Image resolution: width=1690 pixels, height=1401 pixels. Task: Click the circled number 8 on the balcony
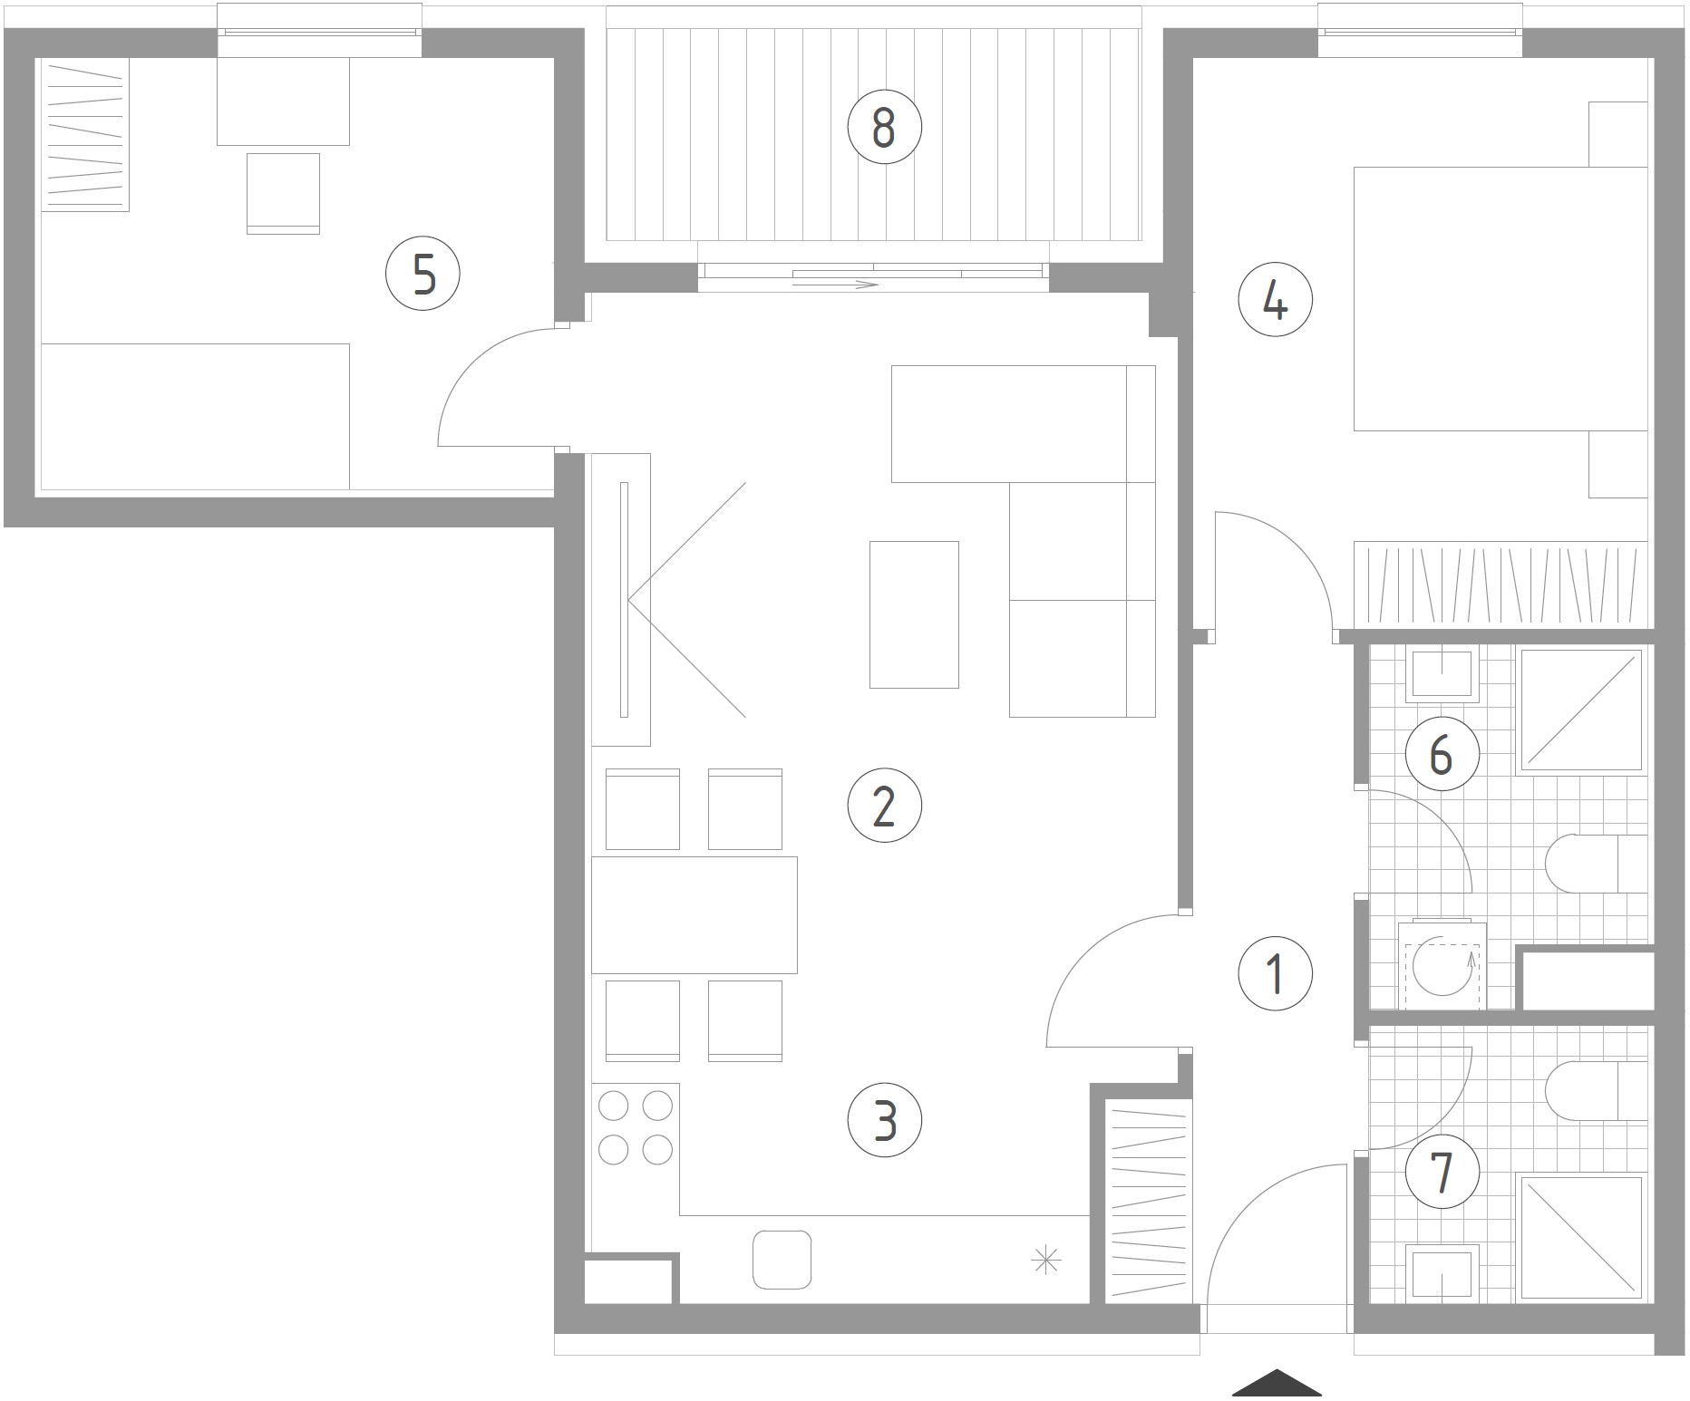point(884,128)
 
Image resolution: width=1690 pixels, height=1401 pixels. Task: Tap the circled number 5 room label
point(423,274)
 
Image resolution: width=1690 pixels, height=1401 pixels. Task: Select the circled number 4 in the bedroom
point(1276,301)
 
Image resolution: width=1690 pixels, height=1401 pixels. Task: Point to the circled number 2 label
point(884,806)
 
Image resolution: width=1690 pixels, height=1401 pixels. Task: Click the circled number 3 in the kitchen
point(884,1120)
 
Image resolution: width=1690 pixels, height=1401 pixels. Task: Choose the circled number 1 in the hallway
point(1276,973)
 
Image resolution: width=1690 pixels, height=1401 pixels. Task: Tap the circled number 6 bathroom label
point(1442,753)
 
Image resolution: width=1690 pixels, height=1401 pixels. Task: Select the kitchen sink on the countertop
point(782,1259)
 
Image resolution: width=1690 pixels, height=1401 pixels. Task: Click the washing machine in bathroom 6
point(1442,965)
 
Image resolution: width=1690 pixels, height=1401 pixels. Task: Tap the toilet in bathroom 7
point(1597,1090)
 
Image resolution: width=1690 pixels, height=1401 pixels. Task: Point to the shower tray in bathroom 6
point(1582,710)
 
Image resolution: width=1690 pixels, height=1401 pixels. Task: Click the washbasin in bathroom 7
point(1442,1273)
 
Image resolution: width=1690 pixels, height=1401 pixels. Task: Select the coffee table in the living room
point(914,614)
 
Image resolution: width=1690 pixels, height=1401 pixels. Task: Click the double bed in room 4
point(1501,299)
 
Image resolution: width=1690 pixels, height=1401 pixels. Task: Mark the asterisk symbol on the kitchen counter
point(1046,1260)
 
